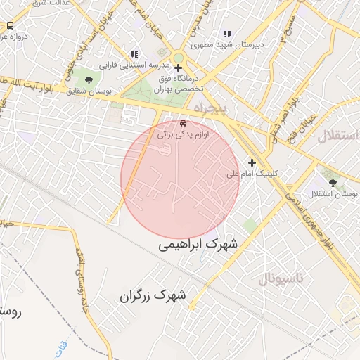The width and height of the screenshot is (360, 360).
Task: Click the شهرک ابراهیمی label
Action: point(198,244)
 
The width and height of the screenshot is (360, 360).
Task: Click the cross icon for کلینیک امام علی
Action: point(252,162)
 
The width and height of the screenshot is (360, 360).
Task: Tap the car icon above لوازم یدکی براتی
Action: point(184,122)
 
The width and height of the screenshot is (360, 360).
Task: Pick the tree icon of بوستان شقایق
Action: point(88,80)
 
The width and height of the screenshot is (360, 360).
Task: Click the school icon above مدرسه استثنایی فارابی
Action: point(134,54)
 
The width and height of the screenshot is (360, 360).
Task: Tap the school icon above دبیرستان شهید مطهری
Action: point(226,34)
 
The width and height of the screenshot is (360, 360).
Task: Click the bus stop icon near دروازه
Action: point(10,25)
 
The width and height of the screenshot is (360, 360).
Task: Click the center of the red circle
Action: point(180,180)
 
